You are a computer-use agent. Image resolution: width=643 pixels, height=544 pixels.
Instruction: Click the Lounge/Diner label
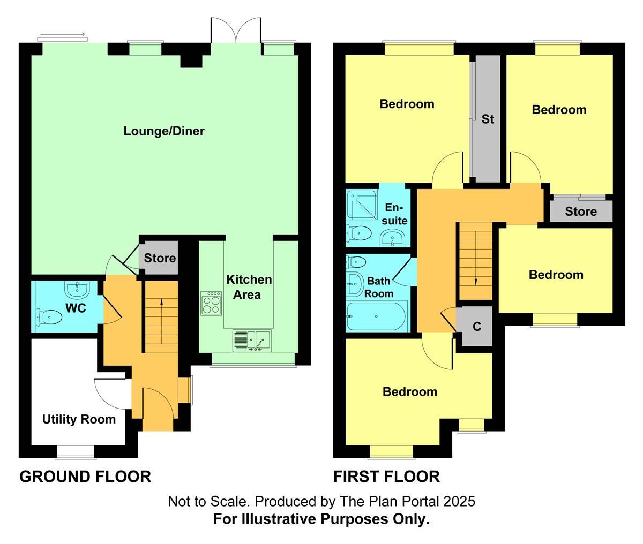[x=164, y=131]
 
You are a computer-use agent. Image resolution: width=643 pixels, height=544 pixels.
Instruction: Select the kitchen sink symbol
[x=252, y=341]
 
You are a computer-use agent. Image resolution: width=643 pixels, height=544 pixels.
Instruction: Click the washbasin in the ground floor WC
[x=76, y=290]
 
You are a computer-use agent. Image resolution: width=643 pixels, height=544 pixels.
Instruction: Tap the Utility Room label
[x=79, y=419]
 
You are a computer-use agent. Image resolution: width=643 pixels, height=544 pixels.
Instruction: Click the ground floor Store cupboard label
[x=160, y=258]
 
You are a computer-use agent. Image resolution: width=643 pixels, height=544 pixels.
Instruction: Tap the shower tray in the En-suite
[x=362, y=206]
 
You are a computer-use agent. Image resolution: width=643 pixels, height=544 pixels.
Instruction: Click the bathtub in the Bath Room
[x=376, y=317]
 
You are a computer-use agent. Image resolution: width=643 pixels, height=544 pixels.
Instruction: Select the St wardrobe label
[x=488, y=119]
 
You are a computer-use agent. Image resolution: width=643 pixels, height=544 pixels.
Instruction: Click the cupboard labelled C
[x=476, y=326]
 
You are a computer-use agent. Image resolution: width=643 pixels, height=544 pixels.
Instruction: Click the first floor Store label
[x=581, y=211]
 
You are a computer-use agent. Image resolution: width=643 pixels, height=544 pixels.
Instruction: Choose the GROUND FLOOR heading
[x=85, y=476]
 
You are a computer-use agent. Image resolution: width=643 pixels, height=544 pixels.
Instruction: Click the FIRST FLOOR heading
[x=386, y=476]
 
